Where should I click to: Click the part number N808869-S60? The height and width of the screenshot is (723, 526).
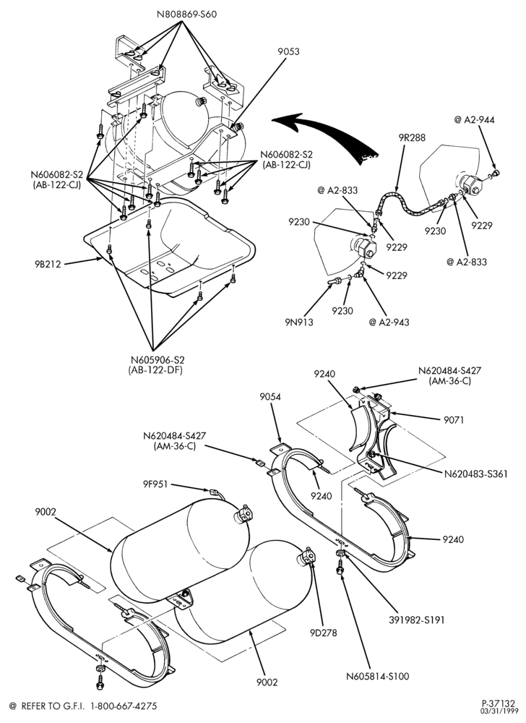click(x=186, y=14)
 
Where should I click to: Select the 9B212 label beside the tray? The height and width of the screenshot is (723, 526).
click(x=48, y=264)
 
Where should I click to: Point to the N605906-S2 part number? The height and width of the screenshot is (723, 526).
click(x=155, y=360)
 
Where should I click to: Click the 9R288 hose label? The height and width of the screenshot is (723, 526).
click(x=413, y=137)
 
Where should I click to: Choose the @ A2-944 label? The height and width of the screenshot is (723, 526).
click(x=474, y=120)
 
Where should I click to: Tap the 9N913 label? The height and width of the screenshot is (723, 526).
click(x=300, y=322)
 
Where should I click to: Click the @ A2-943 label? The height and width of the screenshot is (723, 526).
click(x=388, y=322)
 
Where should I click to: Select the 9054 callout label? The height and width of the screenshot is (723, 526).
click(x=270, y=396)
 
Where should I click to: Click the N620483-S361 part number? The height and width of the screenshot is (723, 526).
click(x=476, y=474)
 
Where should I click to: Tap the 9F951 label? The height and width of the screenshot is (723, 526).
click(x=155, y=484)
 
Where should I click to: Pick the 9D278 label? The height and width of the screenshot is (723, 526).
click(x=324, y=633)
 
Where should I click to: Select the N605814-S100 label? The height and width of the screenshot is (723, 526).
click(x=378, y=677)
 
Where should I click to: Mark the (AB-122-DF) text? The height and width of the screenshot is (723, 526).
click(x=155, y=370)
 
